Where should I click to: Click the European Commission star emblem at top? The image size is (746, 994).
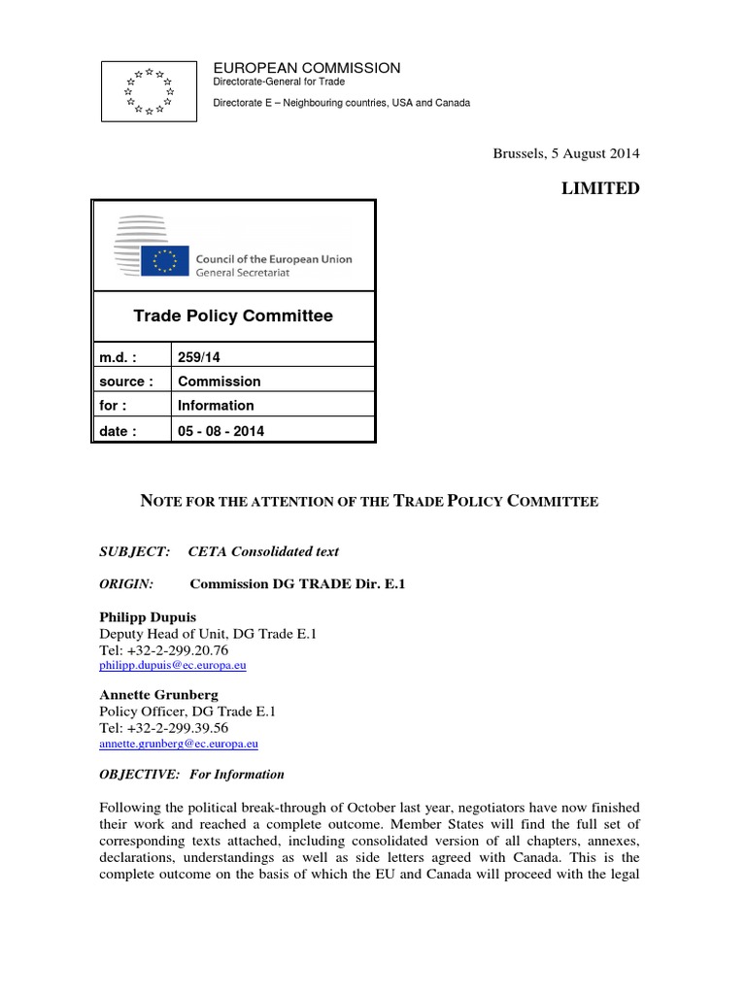click(149, 90)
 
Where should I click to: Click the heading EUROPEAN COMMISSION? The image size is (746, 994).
click(307, 68)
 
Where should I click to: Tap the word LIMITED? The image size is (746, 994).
click(600, 188)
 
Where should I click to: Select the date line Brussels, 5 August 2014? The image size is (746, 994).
click(566, 153)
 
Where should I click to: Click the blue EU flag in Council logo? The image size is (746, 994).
click(163, 260)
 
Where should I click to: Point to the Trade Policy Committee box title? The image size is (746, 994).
click(233, 316)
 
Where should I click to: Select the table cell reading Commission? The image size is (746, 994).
click(219, 381)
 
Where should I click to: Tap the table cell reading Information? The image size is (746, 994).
click(216, 406)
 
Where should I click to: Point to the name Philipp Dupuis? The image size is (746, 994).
click(147, 616)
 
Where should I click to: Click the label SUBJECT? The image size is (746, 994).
click(135, 551)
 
